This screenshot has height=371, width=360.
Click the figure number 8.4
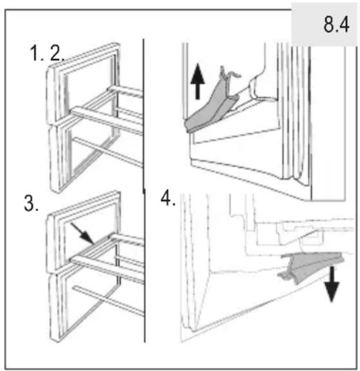pyautogui.click(x=336, y=24)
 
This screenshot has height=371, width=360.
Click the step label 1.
pyautogui.click(x=36, y=53)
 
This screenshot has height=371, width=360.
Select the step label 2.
pyautogui.click(x=57, y=53)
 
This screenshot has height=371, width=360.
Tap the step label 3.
pyautogui.click(x=31, y=203)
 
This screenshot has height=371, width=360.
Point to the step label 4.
pyautogui.click(x=168, y=198)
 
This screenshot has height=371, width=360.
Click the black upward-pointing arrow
pyautogui.click(x=197, y=81)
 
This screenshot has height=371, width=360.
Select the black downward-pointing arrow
pyautogui.click(x=332, y=284)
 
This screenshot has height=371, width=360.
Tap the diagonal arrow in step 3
pyautogui.click(x=82, y=233)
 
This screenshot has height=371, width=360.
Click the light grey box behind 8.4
pyautogui.click(x=324, y=24)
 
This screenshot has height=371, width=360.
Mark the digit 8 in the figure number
pyautogui.click(x=329, y=24)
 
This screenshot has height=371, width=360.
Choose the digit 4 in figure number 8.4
pyautogui.click(x=344, y=24)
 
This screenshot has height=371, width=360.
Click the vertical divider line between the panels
pyautogui.click(x=144, y=191)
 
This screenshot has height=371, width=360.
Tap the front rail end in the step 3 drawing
pyautogui.click(x=73, y=259)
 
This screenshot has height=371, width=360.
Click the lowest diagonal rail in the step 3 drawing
pyautogui.click(x=108, y=300)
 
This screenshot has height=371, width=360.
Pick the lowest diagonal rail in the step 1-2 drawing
pyautogui.click(x=108, y=152)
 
